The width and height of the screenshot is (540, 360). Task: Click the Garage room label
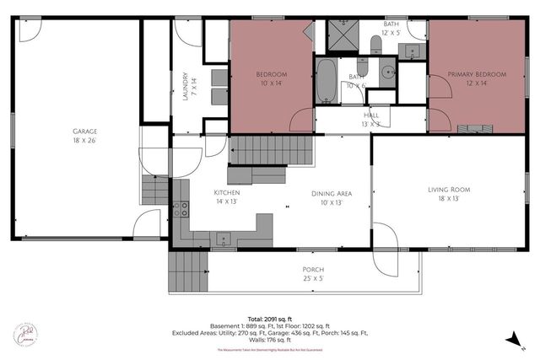(x=84, y=132)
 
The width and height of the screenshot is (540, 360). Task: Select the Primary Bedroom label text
(x=477, y=75)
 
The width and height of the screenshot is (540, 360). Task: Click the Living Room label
(x=448, y=190)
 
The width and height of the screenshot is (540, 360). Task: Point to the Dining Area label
(x=331, y=194)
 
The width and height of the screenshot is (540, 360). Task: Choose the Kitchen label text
(x=227, y=193)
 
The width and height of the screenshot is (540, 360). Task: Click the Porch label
(x=313, y=269)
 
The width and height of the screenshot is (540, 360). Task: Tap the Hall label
(x=371, y=115)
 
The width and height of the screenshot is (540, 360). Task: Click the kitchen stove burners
(x=181, y=211)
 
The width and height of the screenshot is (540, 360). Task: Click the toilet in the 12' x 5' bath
(x=375, y=42)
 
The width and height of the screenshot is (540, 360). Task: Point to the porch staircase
(x=187, y=271)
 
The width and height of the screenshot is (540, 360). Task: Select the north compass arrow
(x=511, y=339)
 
